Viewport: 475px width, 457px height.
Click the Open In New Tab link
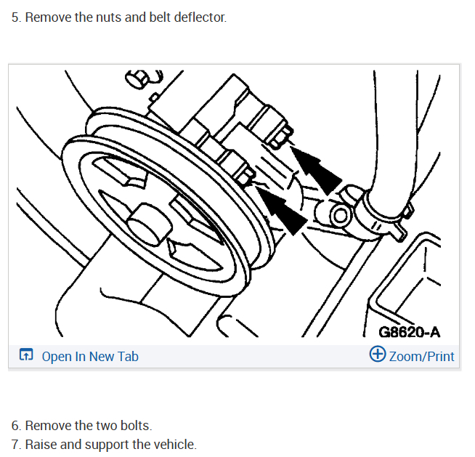pyautogui.click(x=90, y=357)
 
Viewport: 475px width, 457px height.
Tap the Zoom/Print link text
pyautogui.click(x=421, y=357)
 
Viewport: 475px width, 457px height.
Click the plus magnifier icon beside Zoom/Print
pyautogui.click(x=378, y=354)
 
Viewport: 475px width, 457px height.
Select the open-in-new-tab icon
pyautogui.click(x=26, y=355)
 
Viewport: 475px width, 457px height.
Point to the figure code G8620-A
pyautogui.click(x=409, y=332)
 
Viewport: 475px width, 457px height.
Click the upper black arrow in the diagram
pyautogui.click(x=316, y=170)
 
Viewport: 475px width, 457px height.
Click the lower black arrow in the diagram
pyautogui.click(x=281, y=210)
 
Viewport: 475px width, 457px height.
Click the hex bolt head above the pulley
pyautogui.click(x=137, y=79)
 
